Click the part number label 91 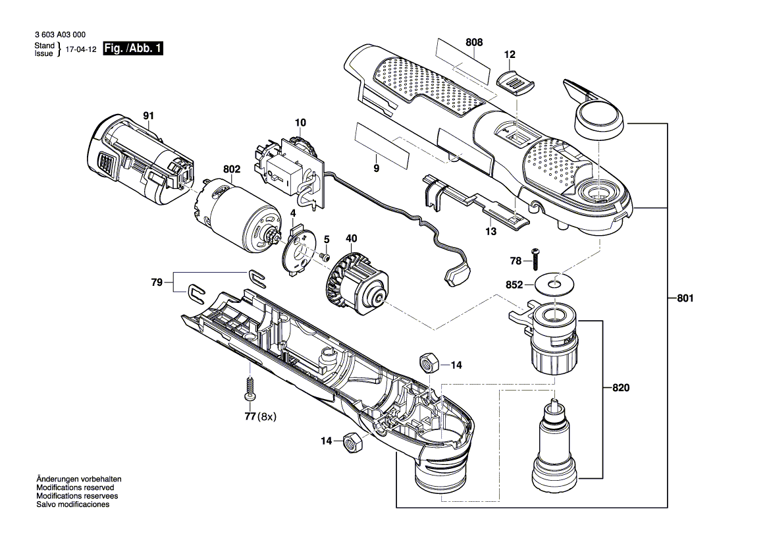[x=149, y=116]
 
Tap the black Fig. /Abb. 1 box [x=133, y=49]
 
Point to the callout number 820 [x=620, y=388]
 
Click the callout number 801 [x=685, y=299]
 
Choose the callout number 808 [x=474, y=42]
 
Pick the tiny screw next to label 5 [x=325, y=256]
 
